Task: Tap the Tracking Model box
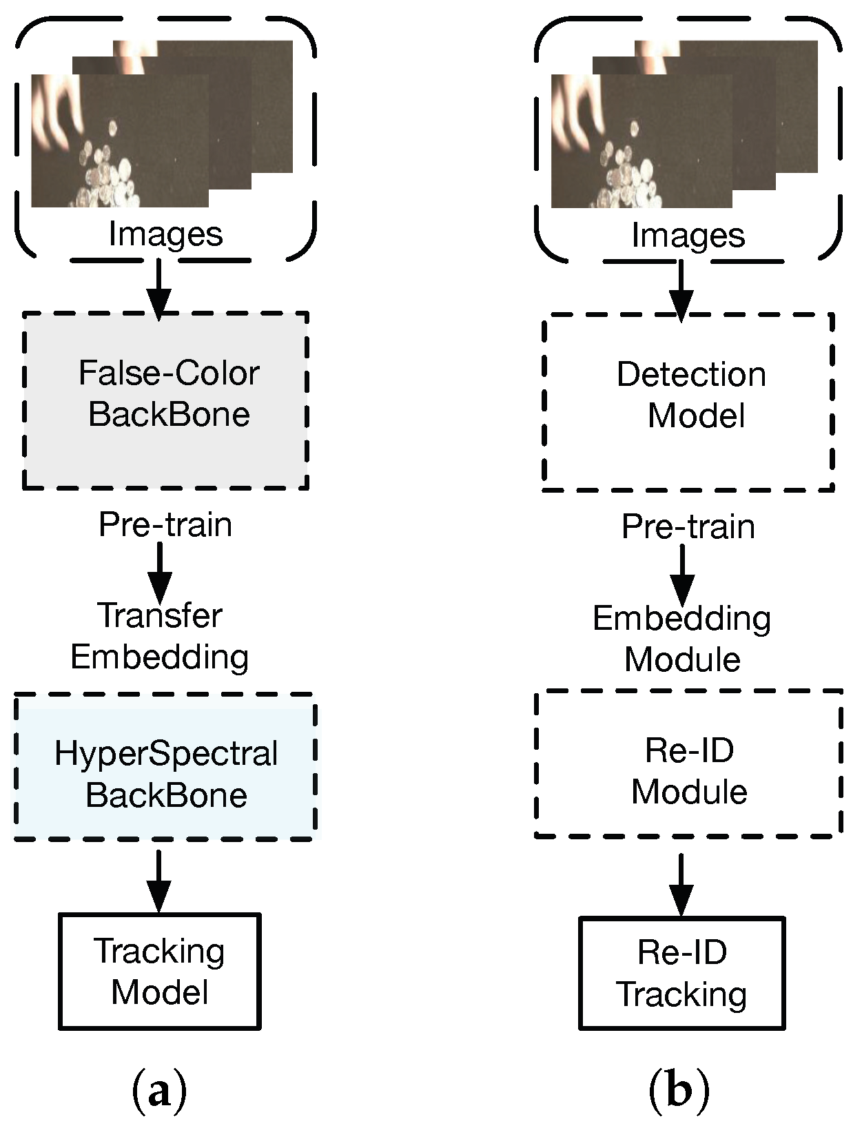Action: tap(160, 972)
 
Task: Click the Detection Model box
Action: tap(689, 402)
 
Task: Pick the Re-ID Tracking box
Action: tap(682, 973)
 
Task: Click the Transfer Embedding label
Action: tap(160, 636)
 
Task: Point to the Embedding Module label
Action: tap(682, 639)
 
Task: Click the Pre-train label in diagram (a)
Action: tap(165, 525)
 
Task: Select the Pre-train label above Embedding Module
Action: tap(688, 527)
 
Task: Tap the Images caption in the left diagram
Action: tap(165, 235)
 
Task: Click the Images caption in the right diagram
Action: tap(688, 236)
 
